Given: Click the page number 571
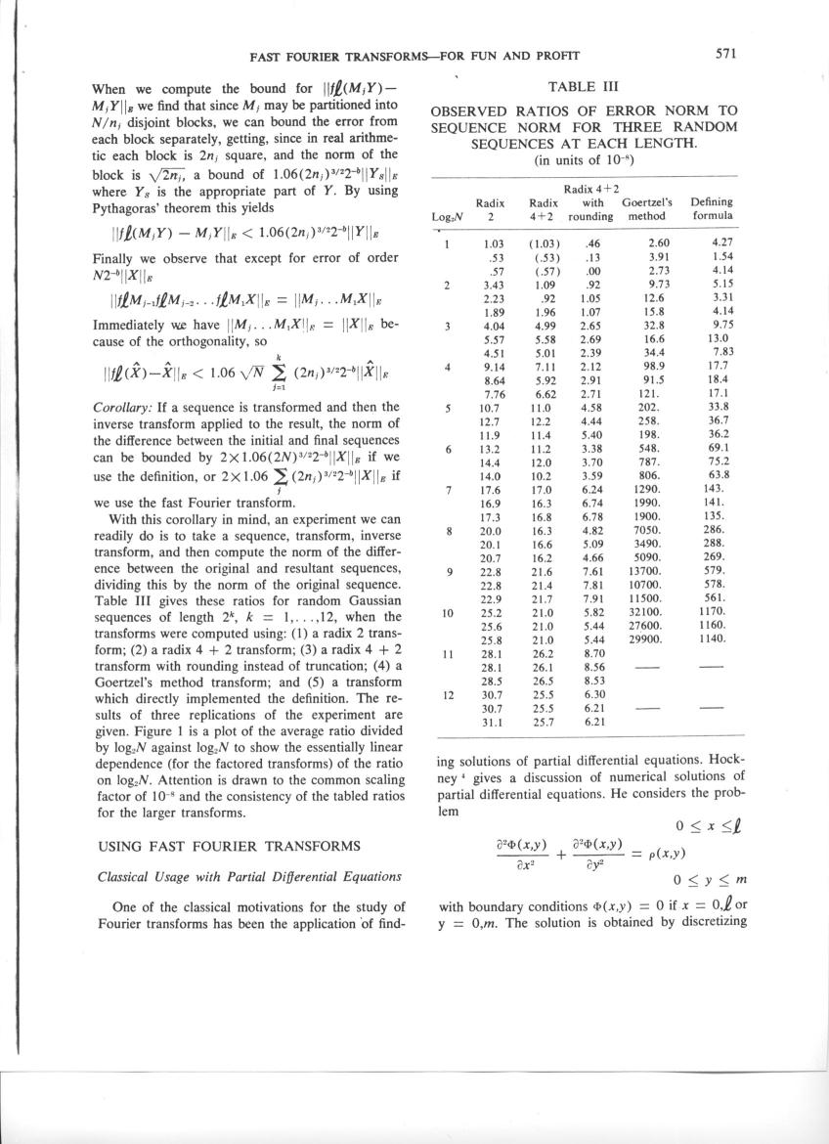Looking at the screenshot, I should tap(724, 55).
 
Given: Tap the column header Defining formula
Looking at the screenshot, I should tap(712, 208).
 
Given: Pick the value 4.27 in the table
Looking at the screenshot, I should tap(721, 241).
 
